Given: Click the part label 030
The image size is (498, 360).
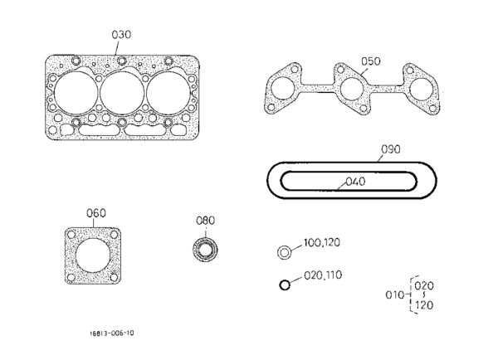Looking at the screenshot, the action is [x=121, y=35].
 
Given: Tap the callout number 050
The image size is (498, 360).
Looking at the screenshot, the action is [x=371, y=61].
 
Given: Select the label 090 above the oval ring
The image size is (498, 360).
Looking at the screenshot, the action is [x=391, y=149].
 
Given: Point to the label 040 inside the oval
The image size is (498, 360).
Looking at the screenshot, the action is [x=355, y=182].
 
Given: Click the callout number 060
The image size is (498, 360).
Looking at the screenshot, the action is [x=96, y=213].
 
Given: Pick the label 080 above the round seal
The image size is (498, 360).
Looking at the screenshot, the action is [x=205, y=221].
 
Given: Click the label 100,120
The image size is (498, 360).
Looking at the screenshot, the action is [x=322, y=242].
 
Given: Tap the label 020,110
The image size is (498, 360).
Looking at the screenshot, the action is [x=323, y=275].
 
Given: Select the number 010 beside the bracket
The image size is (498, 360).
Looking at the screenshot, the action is [x=394, y=295].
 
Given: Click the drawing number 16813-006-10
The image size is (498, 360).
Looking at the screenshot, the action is [x=111, y=333].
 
